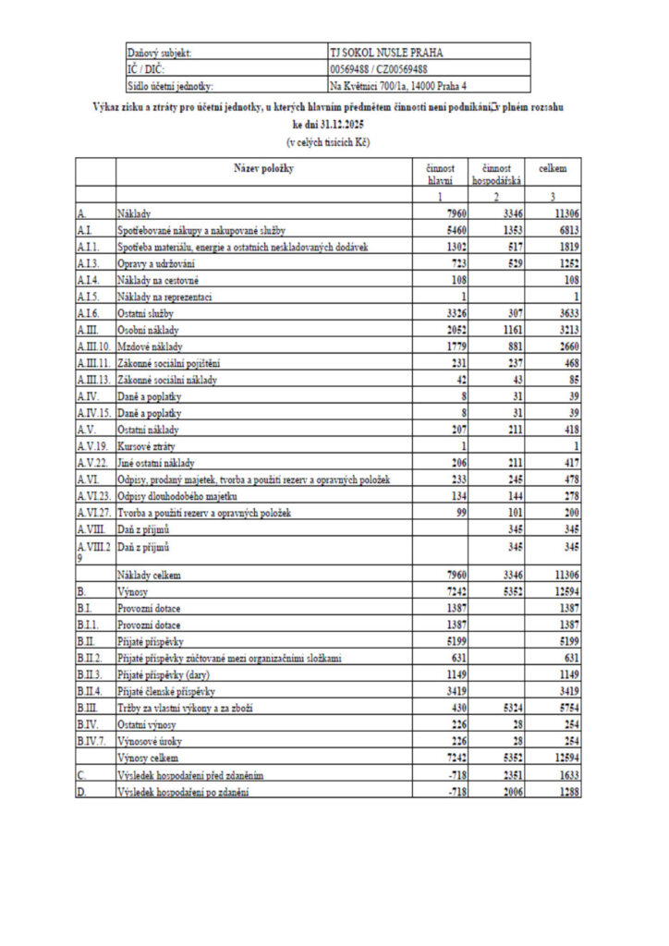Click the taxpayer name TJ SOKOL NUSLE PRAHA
(x=379, y=53)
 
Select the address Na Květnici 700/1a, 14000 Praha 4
(x=398, y=86)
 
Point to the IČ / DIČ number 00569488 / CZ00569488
(x=378, y=69)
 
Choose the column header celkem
(x=553, y=169)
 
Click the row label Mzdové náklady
(x=152, y=346)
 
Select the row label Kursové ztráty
(x=146, y=445)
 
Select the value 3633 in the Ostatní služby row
(x=567, y=313)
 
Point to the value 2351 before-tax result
(x=512, y=774)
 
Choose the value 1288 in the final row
(x=567, y=791)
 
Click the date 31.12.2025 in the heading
(x=341, y=126)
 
